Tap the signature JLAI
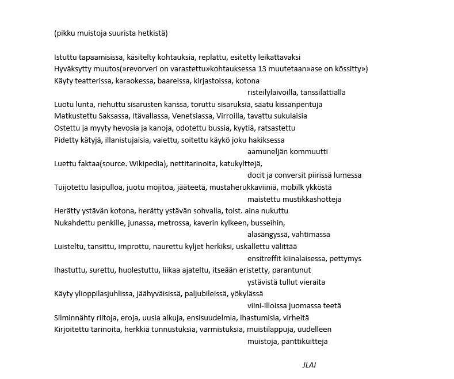coord(308,365)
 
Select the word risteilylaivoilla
coord(273,92)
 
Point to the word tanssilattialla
coord(323,92)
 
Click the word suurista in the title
coord(121,33)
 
